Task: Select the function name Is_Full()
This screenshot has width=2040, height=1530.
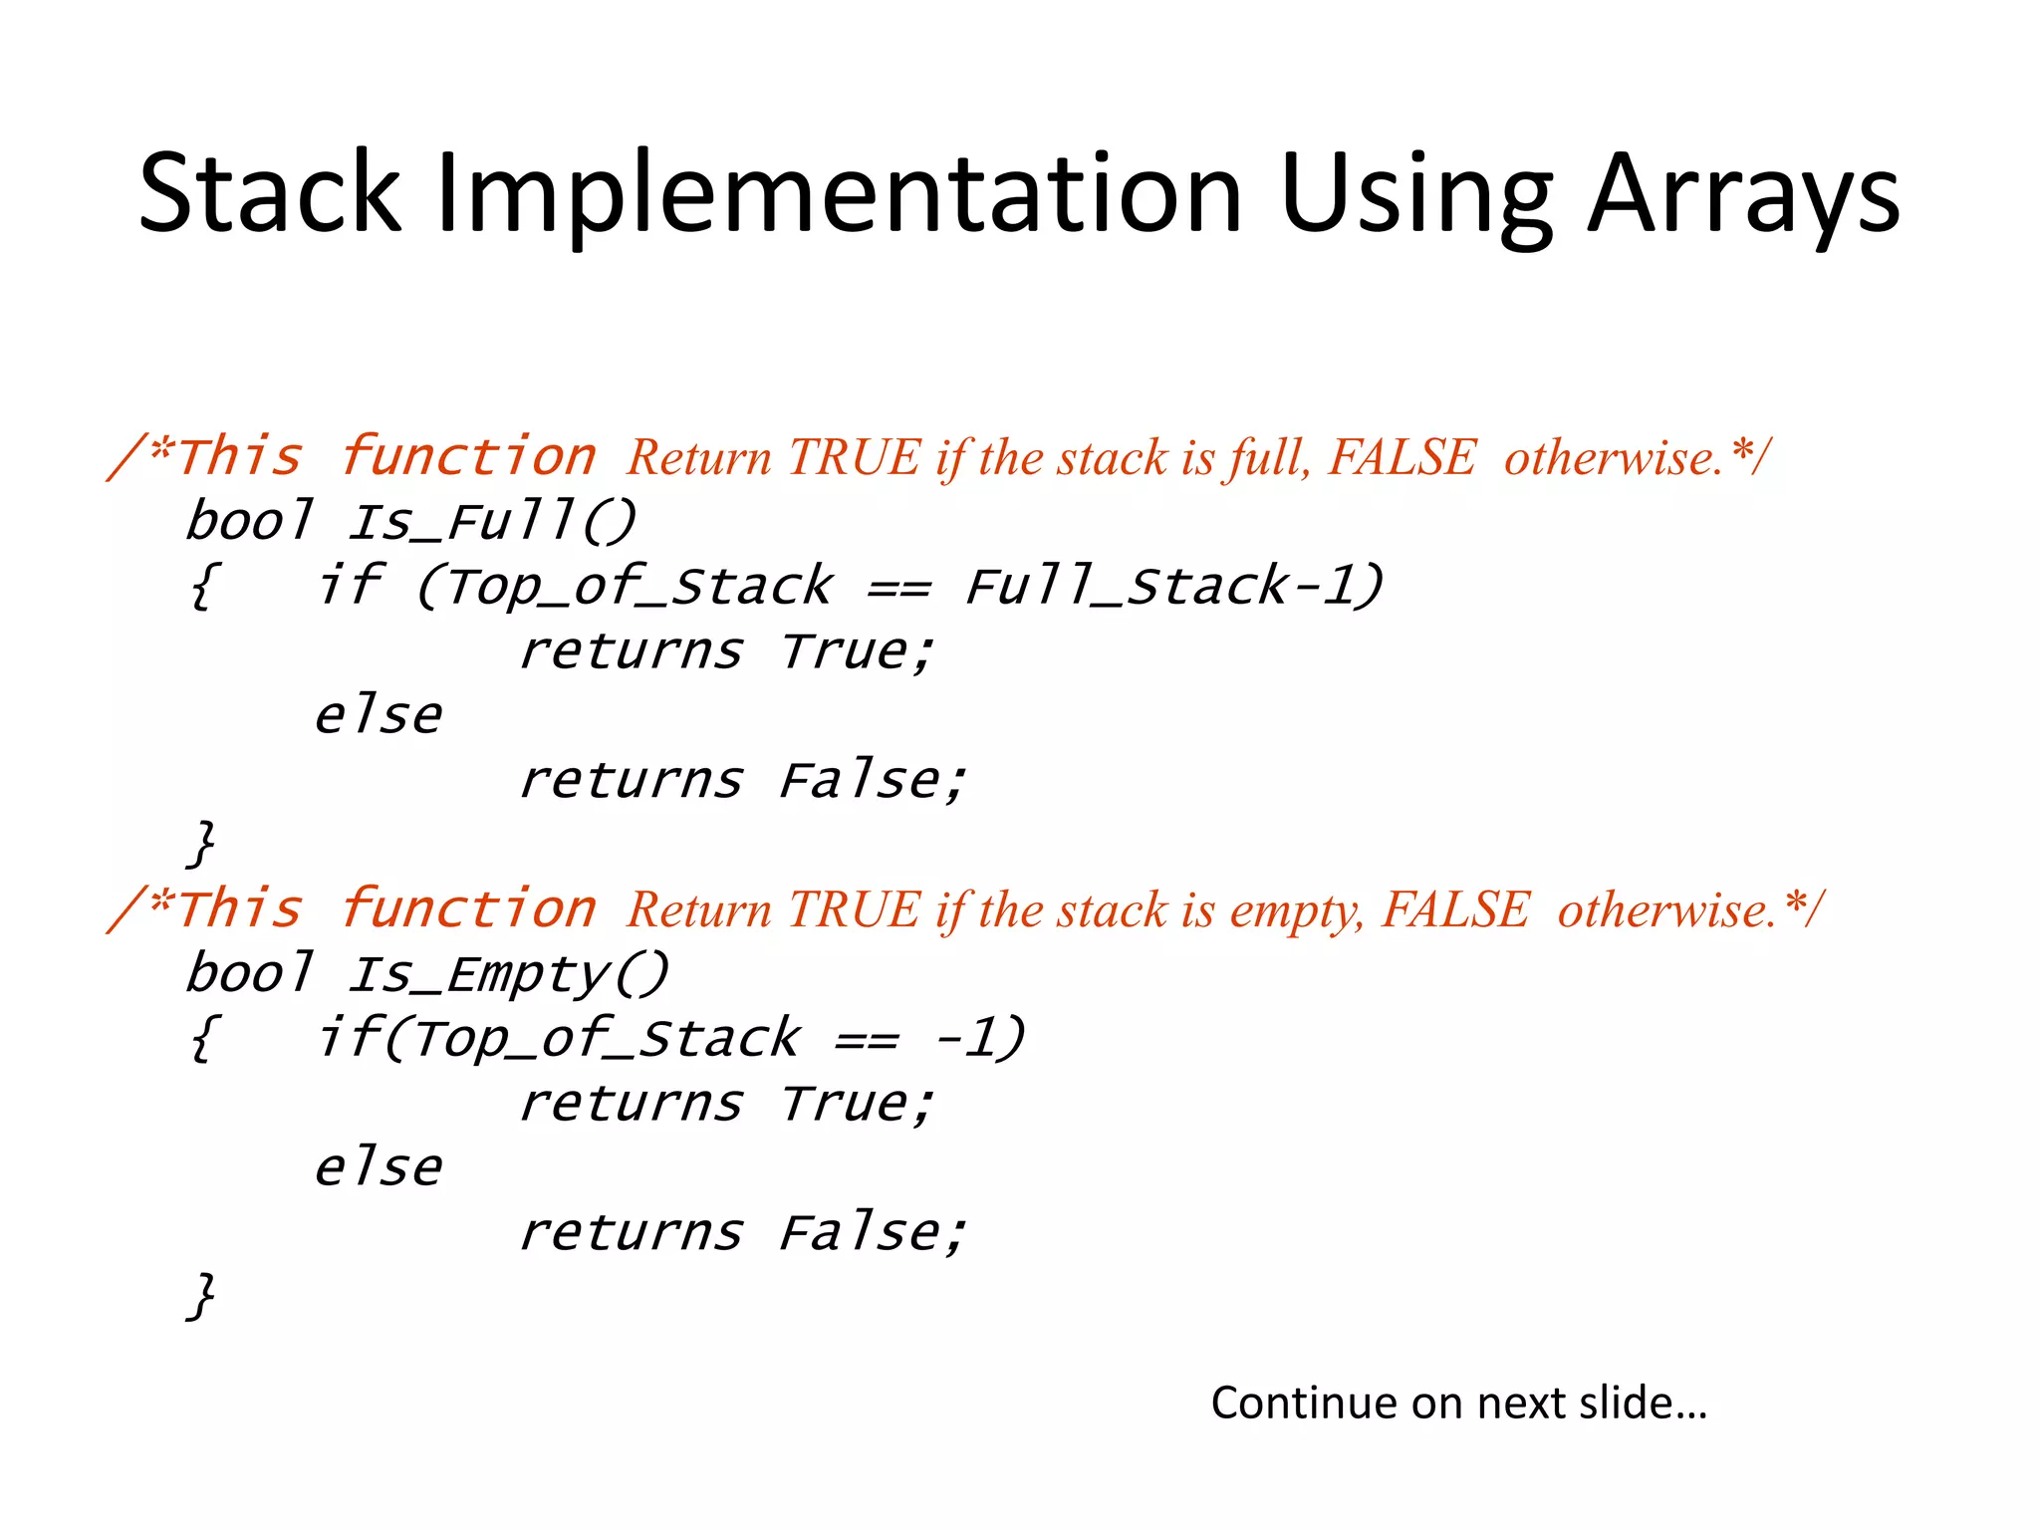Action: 491,522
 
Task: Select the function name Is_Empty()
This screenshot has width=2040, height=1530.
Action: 508,974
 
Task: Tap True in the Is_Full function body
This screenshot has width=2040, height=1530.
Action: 855,651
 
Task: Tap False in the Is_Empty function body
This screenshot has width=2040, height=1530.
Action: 869,1233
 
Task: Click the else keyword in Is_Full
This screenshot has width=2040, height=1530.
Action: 379,715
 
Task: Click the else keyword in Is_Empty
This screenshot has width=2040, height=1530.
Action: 379,1167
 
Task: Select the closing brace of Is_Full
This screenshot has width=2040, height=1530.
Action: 202,844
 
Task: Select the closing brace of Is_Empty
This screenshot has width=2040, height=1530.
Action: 202,1296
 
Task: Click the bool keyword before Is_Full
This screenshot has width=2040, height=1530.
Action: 249,522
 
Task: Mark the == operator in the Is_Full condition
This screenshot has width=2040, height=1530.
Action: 899,588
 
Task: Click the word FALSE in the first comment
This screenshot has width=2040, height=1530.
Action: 1402,458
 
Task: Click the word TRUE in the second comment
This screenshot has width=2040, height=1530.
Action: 855,910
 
